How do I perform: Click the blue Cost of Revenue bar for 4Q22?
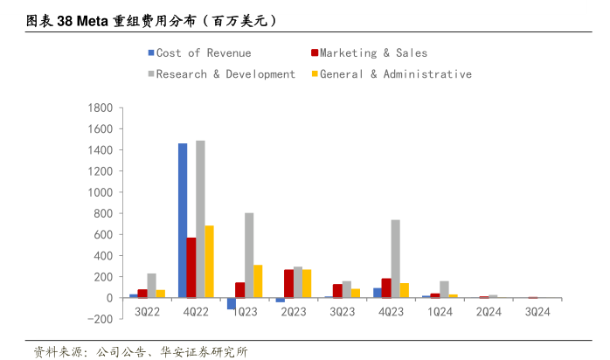click(x=183, y=220)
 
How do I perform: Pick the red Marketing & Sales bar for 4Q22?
click(x=191, y=267)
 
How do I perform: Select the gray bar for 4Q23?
click(x=396, y=259)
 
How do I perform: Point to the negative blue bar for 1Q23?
click(x=232, y=303)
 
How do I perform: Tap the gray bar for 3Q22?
click(x=151, y=286)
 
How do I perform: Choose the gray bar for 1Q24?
click(x=445, y=289)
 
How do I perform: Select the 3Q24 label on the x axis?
click(x=537, y=311)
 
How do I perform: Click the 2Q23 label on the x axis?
click(x=293, y=311)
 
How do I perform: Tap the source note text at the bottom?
click(x=140, y=351)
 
